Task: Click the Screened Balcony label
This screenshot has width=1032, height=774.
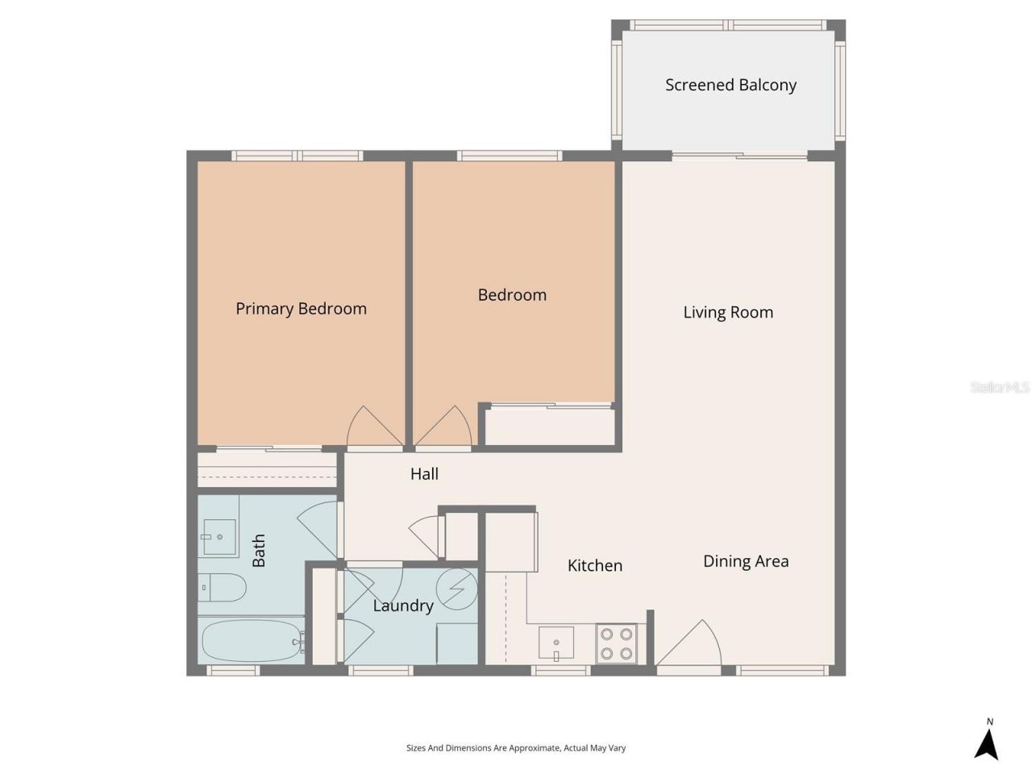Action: (730, 85)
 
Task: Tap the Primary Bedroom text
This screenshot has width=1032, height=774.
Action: (301, 309)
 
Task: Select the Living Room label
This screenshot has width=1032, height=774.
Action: (728, 312)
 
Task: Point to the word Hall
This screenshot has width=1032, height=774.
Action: (424, 474)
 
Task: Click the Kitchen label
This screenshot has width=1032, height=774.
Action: (594, 566)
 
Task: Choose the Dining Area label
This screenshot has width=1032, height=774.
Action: (746, 561)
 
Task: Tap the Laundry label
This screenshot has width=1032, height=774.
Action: (402, 605)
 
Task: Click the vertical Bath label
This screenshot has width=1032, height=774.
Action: (259, 551)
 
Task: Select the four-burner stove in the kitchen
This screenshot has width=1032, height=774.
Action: (616, 643)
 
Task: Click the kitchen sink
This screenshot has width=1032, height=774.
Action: (556, 643)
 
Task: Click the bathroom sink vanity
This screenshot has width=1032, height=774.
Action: (218, 536)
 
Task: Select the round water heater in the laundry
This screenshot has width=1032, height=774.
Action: (457, 589)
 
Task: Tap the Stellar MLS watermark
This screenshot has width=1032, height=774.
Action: (999, 388)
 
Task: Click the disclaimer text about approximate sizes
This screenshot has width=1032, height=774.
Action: (516, 748)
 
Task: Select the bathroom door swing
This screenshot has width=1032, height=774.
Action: (320, 528)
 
